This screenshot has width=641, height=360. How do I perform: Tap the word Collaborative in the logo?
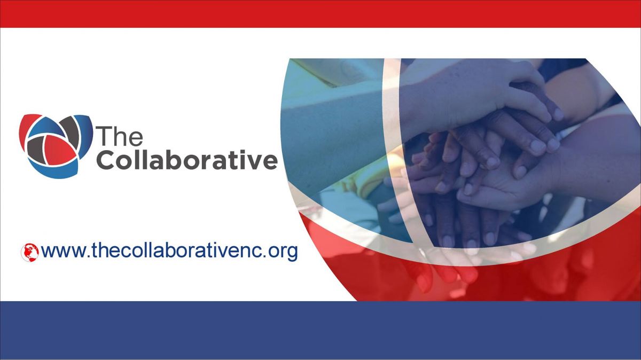coord(187,159)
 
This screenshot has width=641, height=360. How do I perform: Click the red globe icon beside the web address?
coord(30,253)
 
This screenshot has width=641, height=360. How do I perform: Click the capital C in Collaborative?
coord(106,160)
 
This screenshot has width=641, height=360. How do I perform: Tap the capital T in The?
coord(104,136)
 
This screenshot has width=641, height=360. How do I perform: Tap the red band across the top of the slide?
coord(320,14)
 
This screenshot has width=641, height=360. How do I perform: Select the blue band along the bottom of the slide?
coord(320,330)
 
